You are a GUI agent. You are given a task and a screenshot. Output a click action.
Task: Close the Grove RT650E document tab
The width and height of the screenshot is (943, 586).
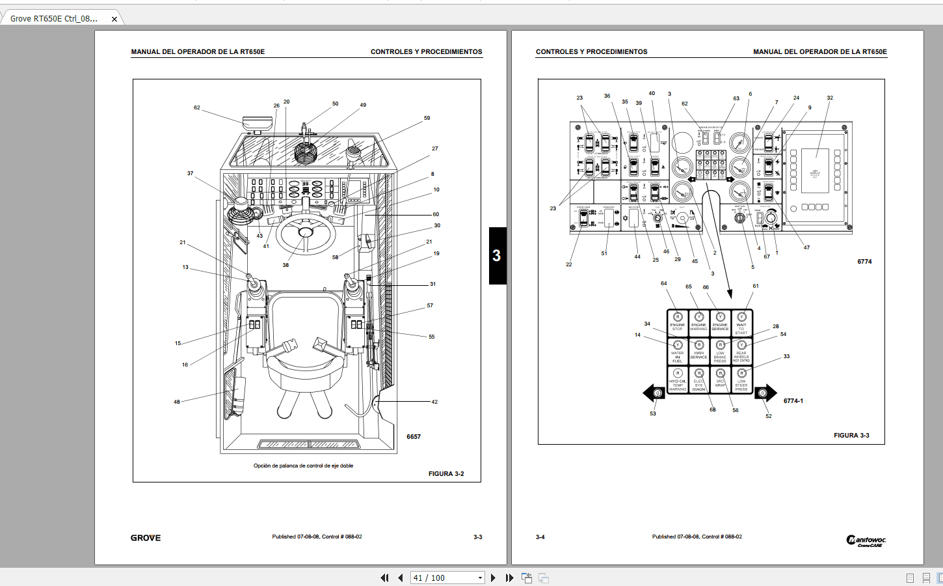(114, 19)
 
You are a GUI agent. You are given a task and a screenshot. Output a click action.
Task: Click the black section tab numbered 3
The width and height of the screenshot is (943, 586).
(497, 255)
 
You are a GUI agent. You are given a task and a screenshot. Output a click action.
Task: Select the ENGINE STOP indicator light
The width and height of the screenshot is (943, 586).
(677, 322)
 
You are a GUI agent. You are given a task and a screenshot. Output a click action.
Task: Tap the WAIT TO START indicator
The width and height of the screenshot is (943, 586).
(741, 324)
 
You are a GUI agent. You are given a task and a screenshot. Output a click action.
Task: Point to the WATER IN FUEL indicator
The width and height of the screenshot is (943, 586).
(677, 352)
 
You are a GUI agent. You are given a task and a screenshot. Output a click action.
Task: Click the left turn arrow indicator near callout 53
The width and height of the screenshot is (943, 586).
(654, 393)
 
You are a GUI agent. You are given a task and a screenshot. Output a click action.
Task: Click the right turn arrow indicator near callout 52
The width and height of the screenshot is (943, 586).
(765, 393)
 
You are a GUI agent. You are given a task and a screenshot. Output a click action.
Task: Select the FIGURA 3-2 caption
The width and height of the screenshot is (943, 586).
(446, 474)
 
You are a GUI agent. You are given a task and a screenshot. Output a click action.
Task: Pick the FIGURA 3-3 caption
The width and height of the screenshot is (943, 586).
(851, 436)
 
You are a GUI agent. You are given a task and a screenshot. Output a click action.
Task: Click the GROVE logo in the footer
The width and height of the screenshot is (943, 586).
(146, 538)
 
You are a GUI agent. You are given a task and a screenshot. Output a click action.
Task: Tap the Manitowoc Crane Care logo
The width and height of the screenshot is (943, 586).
(866, 540)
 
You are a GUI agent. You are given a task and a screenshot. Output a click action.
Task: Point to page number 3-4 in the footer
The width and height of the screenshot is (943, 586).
(540, 537)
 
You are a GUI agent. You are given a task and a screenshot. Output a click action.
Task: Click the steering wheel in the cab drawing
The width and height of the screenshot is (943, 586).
(305, 233)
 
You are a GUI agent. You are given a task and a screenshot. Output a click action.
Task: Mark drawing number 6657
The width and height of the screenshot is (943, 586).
(414, 437)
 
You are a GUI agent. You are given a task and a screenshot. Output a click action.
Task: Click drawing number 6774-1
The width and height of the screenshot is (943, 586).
(793, 401)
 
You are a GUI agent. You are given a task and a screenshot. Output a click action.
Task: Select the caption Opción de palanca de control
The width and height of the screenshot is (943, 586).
(303, 466)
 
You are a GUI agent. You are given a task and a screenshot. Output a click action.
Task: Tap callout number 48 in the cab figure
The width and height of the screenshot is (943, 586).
(177, 402)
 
